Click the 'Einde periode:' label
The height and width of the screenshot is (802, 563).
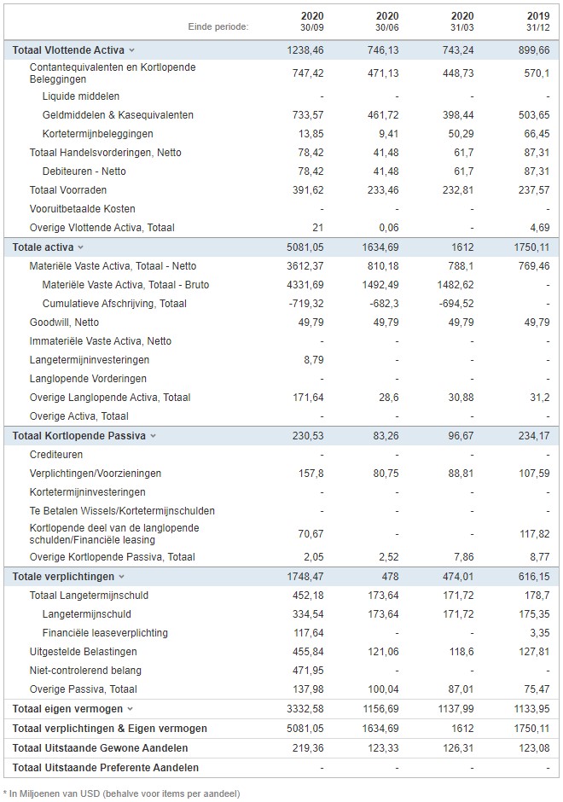click(218, 26)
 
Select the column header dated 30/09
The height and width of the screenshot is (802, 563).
click(312, 21)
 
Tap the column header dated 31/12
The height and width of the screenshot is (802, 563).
click(538, 21)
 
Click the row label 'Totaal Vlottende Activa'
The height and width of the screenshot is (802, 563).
click(68, 50)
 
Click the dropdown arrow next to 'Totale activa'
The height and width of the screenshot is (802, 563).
click(80, 247)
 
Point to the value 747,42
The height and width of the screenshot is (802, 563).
click(308, 73)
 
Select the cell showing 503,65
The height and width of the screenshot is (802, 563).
click(534, 115)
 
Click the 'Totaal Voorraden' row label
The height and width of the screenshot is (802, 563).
click(68, 190)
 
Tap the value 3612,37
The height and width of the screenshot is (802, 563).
click(305, 266)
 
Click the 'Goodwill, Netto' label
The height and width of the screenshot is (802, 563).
click(65, 323)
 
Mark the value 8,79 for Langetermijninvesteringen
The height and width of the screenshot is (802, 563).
click(314, 360)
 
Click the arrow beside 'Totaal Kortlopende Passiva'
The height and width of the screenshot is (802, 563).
click(153, 436)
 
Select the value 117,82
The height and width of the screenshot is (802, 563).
click(535, 534)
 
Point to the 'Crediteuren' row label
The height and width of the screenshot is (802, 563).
click(56, 455)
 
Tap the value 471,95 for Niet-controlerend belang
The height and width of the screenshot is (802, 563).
click(308, 671)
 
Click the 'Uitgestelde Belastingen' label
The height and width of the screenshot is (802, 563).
click(84, 652)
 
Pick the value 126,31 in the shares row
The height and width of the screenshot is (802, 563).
click(458, 748)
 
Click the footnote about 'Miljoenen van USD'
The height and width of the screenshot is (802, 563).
click(122, 793)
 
